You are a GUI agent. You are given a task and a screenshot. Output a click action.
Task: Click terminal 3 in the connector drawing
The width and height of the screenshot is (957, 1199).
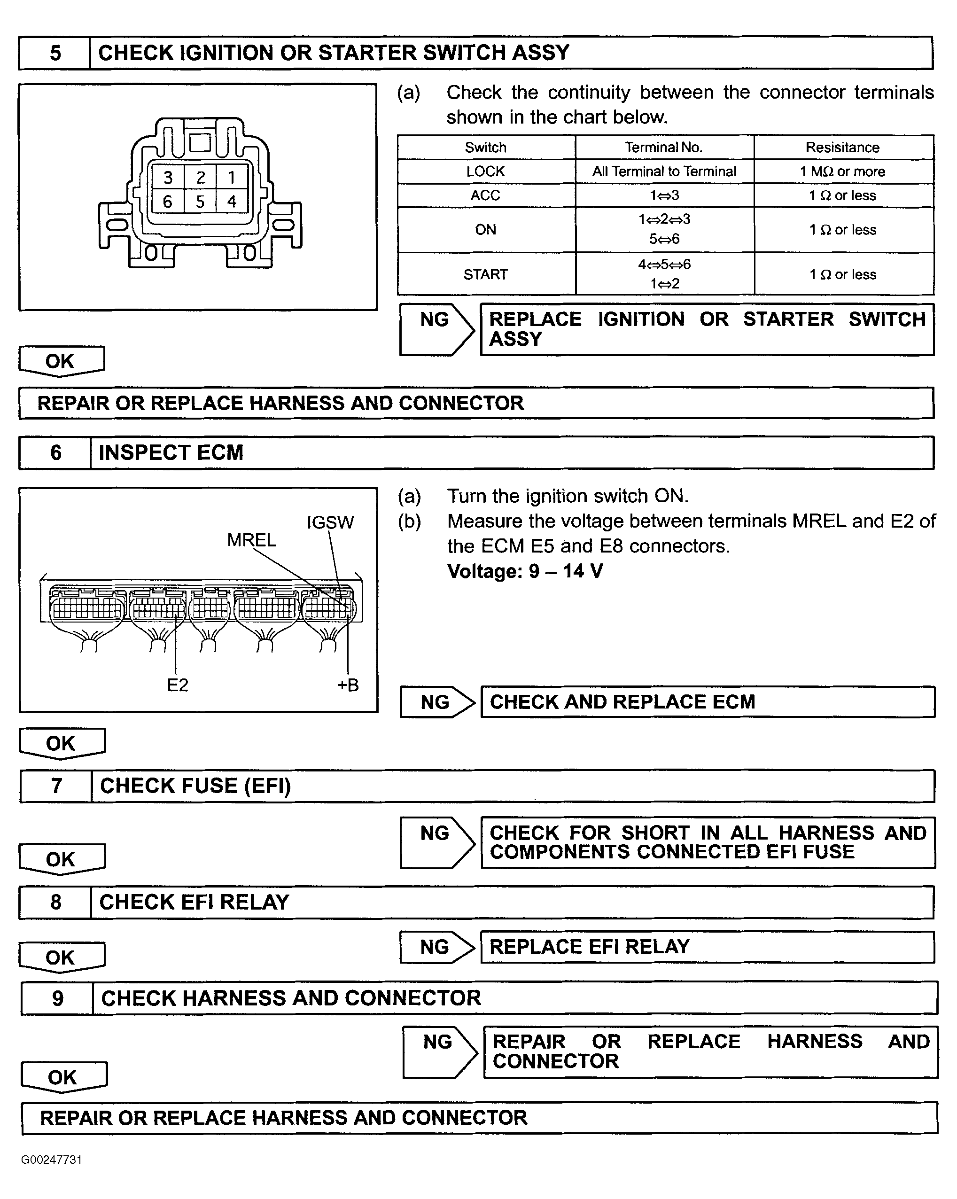pyautogui.click(x=168, y=178)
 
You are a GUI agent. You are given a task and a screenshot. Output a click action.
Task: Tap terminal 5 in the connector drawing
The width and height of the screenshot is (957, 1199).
pyautogui.click(x=200, y=201)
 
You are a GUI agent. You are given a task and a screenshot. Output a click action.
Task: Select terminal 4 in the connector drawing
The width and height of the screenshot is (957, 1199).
pyautogui.click(x=232, y=201)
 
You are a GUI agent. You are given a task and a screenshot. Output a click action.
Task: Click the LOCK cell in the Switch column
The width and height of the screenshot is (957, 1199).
pyautogui.click(x=485, y=171)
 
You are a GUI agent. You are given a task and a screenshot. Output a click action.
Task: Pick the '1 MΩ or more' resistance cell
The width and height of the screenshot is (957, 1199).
pyautogui.click(x=842, y=171)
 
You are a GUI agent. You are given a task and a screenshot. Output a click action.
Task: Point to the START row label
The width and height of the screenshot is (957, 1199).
pyautogui.click(x=485, y=274)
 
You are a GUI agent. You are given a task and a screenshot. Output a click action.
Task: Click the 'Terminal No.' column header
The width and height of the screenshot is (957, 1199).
pyautogui.click(x=664, y=148)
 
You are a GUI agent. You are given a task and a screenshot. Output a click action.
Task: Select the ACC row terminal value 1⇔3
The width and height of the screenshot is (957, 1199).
pyautogui.click(x=664, y=195)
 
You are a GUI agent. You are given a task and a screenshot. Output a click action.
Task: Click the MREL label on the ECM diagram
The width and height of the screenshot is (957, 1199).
pyautogui.click(x=251, y=540)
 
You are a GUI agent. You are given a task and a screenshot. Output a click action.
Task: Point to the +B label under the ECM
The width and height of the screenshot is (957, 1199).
pyautogui.click(x=348, y=685)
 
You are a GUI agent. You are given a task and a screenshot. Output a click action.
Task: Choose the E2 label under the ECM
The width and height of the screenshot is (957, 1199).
pyautogui.click(x=178, y=685)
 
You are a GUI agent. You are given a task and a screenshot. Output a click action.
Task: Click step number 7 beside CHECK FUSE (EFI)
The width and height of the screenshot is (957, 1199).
pyautogui.click(x=56, y=786)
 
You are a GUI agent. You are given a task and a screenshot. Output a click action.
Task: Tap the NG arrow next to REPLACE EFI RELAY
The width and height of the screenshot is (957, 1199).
pyautogui.click(x=437, y=947)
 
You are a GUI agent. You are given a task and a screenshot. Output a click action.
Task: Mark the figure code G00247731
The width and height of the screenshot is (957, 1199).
pyautogui.click(x=52, y=1160)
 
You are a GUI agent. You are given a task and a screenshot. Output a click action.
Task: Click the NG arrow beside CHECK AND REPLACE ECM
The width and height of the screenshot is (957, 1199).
pyautogui.click(x=437, y=702)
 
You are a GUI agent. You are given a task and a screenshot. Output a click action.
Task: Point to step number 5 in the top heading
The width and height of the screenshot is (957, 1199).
pyautogui.click(x=55, y=53)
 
